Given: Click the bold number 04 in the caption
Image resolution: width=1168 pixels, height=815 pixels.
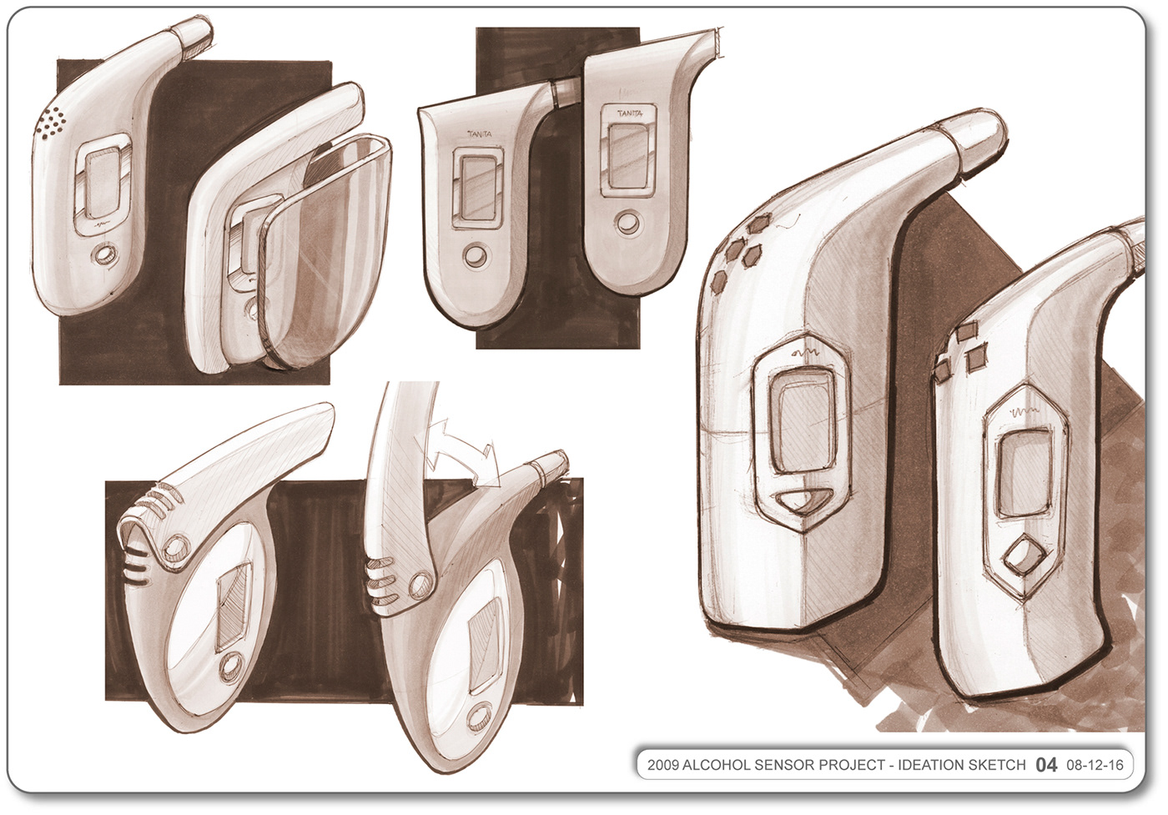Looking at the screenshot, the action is [1046, 765].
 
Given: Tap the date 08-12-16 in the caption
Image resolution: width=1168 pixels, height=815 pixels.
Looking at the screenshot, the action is [1095, 765].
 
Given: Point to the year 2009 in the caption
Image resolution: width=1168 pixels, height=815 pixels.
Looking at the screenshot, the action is [663, 765].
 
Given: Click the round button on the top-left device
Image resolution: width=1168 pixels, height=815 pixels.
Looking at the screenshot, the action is [104, 255].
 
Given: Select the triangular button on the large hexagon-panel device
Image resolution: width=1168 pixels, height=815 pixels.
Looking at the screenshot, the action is [802, 501].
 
